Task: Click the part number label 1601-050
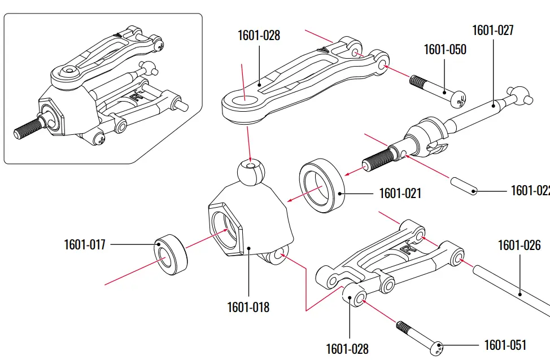tap(445, 50)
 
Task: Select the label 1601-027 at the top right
tap(492, 30)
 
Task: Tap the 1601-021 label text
tap(400, 194)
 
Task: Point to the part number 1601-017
tap(84, 245)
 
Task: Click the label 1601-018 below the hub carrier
tap(248, 308)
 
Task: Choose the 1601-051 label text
tap(505, 345)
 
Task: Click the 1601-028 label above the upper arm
tap(259, 36)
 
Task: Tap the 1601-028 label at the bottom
tap(347, 349)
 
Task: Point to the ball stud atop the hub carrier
tap(250, 172)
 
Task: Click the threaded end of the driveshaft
tap(377, 157)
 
